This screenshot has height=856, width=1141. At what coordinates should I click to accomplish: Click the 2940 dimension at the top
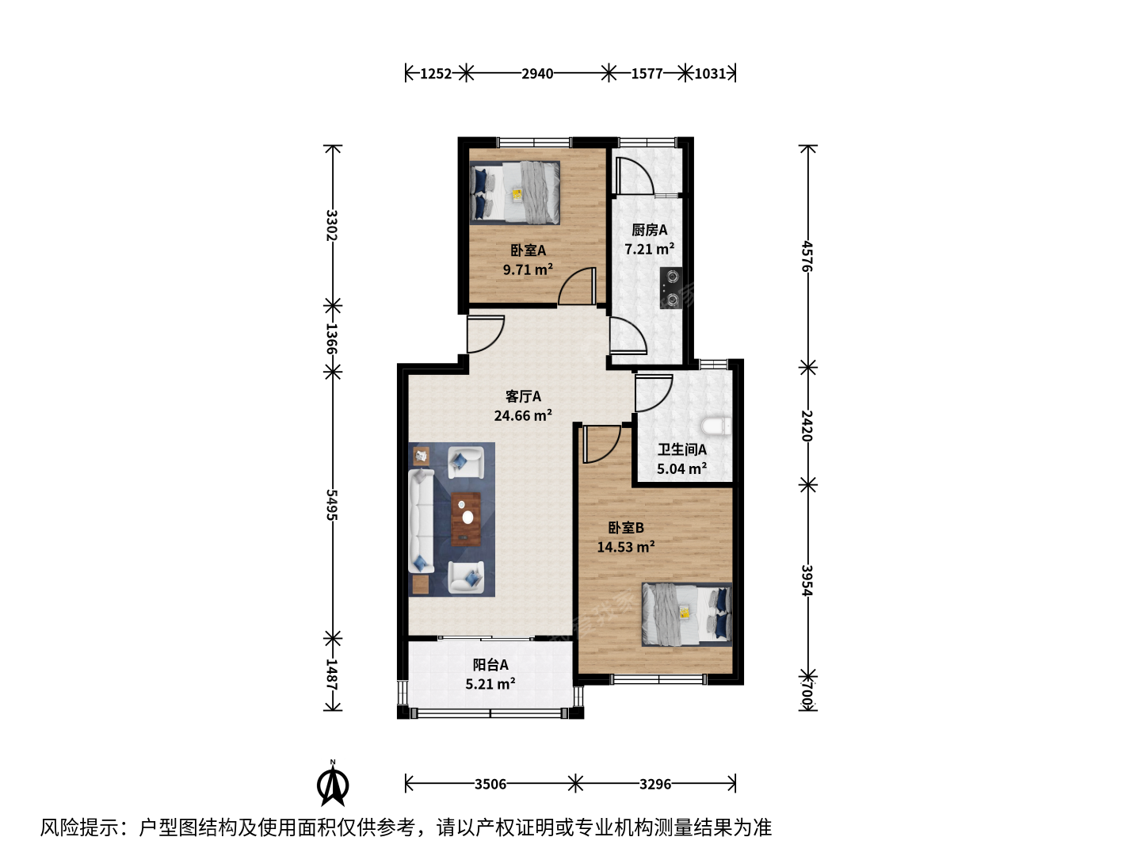pyautogui.click(x=537, y=74)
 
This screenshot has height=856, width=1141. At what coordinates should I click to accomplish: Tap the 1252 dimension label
pyautogui.click(x=436, y=74)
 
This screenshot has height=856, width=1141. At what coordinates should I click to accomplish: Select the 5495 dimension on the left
pyautogui.click(x=332, y=505)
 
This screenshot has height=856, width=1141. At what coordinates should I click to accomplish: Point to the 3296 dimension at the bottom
pyautogui.click(x=655, y=784)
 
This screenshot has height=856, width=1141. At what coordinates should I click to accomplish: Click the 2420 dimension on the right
pyautogui.click(x=807, y=426)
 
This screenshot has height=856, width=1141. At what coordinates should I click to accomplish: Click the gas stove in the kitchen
pyautogui.click(x=670, y=288)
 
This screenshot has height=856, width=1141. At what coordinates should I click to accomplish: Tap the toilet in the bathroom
pyautogui.click(x=716, y=426)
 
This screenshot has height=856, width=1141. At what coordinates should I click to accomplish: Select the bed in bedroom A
pyautogui.click(x=514, y=193)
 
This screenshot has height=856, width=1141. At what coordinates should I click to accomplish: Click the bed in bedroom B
pyautogui.click(x=687, y=614)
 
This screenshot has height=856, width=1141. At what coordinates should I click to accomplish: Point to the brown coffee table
pyautogui.click(x=465, y=519)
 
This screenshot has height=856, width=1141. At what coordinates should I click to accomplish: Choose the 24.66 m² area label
pyautogui.click(x=523, y=416)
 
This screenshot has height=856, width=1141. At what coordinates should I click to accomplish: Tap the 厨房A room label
pyautogui.click(x=649, y=230)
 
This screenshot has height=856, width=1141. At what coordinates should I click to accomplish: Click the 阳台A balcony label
pyautogui.click(x=490, y=665)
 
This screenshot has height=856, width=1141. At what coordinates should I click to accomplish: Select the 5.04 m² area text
pyautogui.click(x=681, y=468)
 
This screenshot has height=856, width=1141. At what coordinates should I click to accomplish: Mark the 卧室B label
pyautogui.click(x=626, y=528)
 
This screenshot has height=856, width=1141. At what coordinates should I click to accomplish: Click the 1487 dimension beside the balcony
pyautogui.click(x=332, y=674)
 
